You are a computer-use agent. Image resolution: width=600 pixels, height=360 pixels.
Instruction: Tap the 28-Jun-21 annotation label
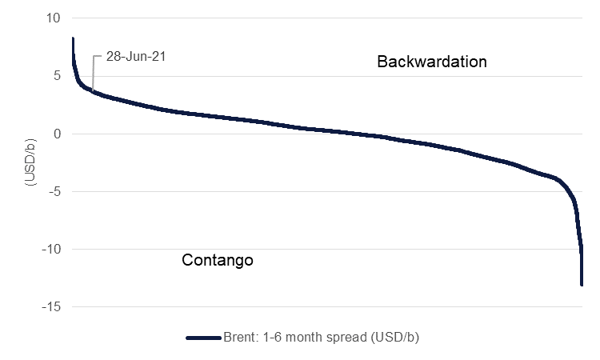135,57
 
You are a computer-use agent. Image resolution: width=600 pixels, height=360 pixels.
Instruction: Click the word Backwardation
431,62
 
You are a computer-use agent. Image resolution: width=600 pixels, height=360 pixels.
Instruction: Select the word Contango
218,260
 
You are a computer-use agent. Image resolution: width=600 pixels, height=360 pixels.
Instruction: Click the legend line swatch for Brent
203,338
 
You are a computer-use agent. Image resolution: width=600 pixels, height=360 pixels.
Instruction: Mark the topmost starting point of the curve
73,38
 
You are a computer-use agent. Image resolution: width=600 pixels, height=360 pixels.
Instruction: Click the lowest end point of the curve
582,284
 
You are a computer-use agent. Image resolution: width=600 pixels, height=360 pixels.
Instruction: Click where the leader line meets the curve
92,91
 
